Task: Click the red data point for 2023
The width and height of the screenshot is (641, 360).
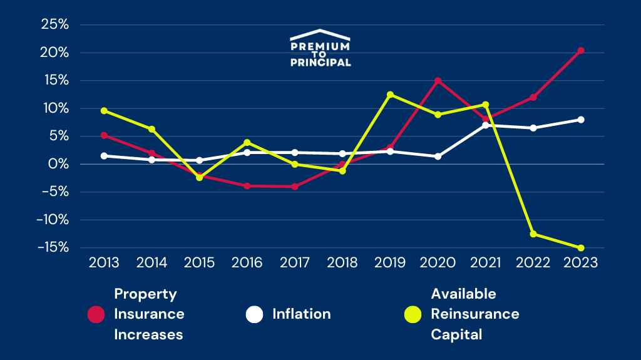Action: pos(581,51)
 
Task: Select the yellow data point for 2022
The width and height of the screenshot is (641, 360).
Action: pos(533,234)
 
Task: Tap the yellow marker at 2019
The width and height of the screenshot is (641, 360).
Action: pos(390,95)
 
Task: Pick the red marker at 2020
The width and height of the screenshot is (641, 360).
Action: pos(438,81)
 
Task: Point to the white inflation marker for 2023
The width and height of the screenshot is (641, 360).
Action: pos(581,120)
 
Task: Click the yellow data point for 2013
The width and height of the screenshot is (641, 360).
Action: pos(104,111)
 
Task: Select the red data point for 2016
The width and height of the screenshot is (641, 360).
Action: pos(247,186)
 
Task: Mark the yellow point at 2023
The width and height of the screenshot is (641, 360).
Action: pos(581,248)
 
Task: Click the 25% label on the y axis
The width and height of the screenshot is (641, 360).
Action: pos(54,24)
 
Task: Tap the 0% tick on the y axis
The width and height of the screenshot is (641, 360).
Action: pos(59,164)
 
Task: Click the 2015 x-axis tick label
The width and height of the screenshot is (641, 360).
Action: pos(199,263)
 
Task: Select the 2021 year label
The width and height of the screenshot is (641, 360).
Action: pos(485,263)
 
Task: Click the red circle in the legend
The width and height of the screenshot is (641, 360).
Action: pos(96,314)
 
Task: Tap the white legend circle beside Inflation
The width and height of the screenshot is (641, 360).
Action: pos(255,314)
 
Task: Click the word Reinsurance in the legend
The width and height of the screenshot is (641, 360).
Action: pos(474,314)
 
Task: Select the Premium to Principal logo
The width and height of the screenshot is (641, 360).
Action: pos(320,48)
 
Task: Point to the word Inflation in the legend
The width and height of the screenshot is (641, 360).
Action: pos(301,314)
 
